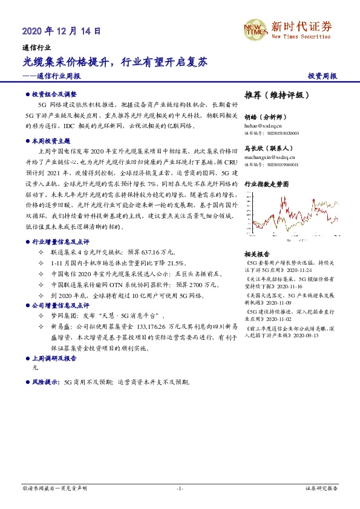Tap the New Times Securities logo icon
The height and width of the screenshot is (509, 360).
(x=255, y=28)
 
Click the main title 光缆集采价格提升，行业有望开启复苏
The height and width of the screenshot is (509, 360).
(x=115, y=62)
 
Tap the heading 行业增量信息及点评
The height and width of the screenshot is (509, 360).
(x=61, y=241)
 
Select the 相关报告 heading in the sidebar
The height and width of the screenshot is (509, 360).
(x=257, y=254)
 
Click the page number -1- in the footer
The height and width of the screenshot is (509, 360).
(x=180, y=488)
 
